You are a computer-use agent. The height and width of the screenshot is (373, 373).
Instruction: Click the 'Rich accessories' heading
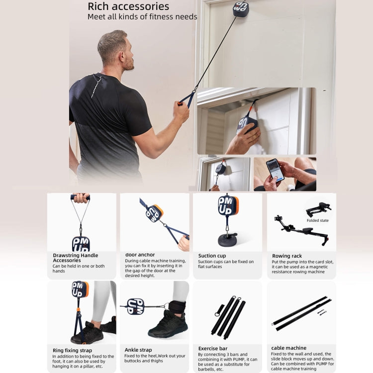point(128,6)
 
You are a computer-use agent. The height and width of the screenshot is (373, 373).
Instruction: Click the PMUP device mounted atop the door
point(241,8)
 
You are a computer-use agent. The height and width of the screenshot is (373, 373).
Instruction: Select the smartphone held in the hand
point(275,169)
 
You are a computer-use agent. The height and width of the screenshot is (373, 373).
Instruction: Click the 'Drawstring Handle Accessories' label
point(75,258)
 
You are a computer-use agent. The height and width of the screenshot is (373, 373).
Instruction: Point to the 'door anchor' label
point(140,255)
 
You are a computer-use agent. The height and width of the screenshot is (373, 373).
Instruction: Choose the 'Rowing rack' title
point(286,256)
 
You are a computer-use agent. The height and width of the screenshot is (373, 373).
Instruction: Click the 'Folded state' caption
point(317,220)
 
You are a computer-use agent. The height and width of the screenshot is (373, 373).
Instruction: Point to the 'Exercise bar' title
point(213,349)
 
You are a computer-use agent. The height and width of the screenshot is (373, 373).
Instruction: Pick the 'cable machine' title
point(289,348)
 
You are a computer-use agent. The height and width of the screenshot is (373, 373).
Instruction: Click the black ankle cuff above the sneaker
point(177,308)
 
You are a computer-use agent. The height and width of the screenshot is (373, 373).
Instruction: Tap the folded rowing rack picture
point(318,208)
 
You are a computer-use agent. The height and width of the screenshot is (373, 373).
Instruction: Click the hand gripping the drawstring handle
point(81,198)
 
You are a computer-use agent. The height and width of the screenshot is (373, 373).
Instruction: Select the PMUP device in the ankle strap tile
point(135,306)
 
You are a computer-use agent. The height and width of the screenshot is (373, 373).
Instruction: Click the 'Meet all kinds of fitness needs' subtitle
point(142,17)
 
